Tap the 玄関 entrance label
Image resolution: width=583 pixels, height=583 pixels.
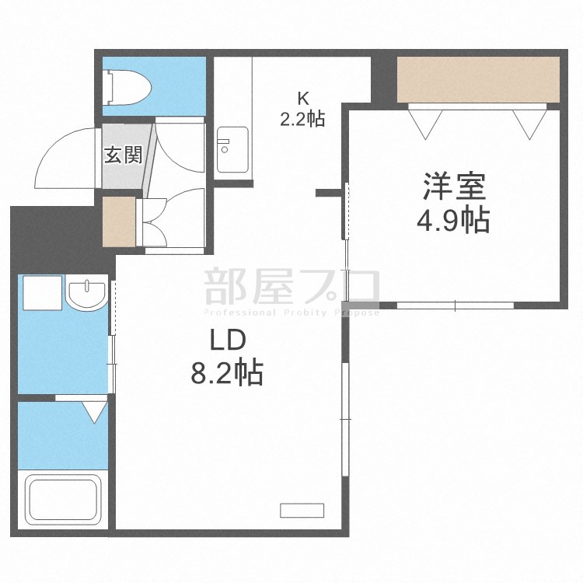click(x=123, y=155)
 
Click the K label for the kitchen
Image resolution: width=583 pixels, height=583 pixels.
click(x=302, y=99)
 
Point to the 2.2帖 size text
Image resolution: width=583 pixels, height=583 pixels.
click(x=302, y=119)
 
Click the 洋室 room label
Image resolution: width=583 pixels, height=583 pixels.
click(x=455, y=187)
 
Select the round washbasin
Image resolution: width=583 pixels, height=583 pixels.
click(x=86, y=295)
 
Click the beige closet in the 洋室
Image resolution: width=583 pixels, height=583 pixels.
click(x=477, y=79)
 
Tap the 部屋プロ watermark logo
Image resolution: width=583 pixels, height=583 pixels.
click(x=291, y=286)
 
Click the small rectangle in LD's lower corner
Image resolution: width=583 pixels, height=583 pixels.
click(x=301, y=511)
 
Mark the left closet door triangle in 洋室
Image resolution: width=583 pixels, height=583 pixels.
click(x=426, y=120)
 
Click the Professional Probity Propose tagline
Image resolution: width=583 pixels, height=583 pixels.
click(x=291, y=312)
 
